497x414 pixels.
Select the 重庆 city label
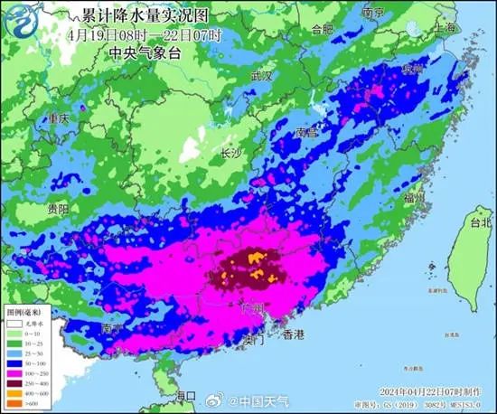[x=59, y=118]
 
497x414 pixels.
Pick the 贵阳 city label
[x=59, y=208]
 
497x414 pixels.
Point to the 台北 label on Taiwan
[x=482, y=221]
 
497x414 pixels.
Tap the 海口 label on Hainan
[x=184, y=396]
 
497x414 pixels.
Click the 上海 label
[x=445, y=29]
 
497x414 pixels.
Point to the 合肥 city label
[x=323, y=29]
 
